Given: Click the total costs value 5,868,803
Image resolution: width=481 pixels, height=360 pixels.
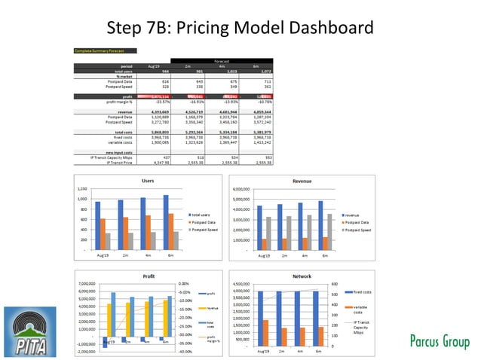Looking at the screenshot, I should [x=154, y=132].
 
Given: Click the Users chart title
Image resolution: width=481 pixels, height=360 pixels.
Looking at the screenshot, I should [x=149, y=181].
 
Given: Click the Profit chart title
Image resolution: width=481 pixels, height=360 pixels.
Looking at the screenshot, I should [x=149, y=276].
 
